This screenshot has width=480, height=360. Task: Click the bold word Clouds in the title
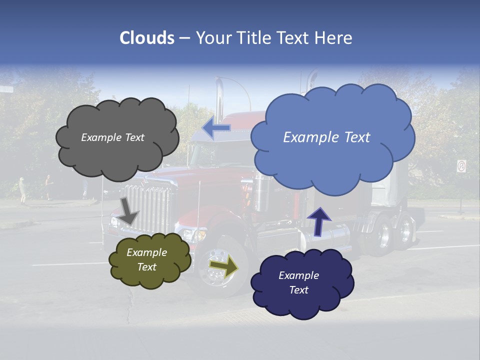click(147, 38)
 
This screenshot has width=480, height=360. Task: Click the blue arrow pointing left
click(216, 128)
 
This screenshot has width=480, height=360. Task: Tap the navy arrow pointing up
click(319, 220)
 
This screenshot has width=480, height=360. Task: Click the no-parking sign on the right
click(461, 166)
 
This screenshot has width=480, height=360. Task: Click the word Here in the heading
click(335, 38)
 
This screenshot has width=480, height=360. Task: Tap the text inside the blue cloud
click(326, 137)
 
